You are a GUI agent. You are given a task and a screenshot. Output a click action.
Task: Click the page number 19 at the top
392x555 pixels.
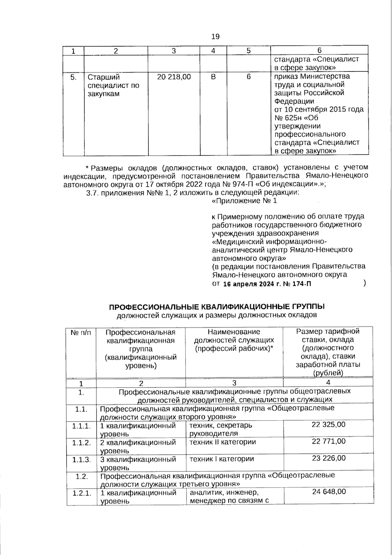[215, 36]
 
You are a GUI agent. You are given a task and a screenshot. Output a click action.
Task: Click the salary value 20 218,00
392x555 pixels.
[174, 77]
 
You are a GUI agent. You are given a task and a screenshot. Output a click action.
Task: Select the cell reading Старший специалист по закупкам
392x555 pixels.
[113, 85]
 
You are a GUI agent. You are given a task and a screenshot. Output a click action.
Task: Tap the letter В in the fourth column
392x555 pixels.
[213, 77]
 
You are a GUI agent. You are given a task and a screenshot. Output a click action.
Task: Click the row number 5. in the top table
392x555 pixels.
[73, 77]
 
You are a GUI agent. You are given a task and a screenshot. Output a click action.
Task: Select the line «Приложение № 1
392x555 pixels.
[244, 201]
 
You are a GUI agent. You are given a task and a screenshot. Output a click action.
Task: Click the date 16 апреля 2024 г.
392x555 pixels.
[252, 284]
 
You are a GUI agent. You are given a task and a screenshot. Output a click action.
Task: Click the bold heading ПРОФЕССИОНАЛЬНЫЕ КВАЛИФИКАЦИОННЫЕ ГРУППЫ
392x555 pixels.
[217, 307]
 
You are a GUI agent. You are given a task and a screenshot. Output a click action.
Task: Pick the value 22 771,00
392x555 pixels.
[328, 442]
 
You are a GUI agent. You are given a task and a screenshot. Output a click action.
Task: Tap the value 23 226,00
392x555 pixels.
[328, 459]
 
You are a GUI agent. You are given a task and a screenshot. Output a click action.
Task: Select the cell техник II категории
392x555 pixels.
[222, 442]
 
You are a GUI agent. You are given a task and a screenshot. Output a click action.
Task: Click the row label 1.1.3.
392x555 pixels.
[81, 460]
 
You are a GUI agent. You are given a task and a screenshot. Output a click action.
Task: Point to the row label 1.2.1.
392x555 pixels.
[82, 493]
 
